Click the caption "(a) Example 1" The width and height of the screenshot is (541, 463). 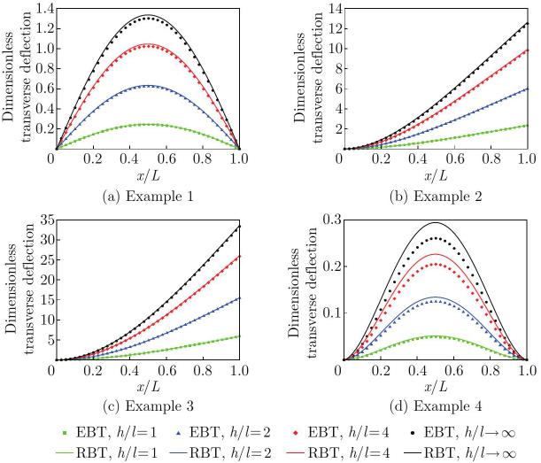pos(149,197)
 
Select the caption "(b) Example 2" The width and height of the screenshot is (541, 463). pos(436,197)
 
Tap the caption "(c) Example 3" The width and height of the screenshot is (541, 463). pos(149,406)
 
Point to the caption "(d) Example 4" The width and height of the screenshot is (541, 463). pos(436,406)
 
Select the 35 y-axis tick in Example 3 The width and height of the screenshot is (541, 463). pos(47,220)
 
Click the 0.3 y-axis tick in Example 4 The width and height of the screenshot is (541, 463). pos(332,220)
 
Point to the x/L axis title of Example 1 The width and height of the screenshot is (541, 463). pos(149,176)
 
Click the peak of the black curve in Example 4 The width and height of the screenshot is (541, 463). pos(436,222)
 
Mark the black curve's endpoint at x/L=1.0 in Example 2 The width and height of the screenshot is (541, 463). pos(528,23)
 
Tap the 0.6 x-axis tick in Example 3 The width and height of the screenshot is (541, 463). pos(167,371)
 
